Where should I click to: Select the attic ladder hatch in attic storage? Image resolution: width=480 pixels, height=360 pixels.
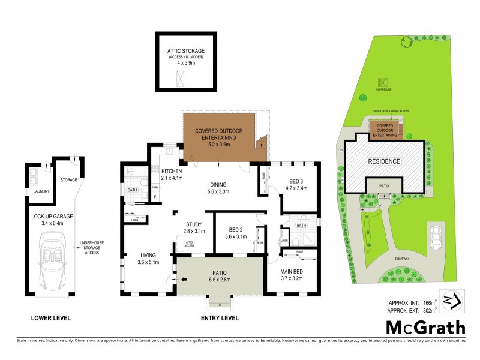[180, 77]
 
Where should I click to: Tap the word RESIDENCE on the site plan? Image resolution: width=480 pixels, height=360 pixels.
[384, 161]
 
